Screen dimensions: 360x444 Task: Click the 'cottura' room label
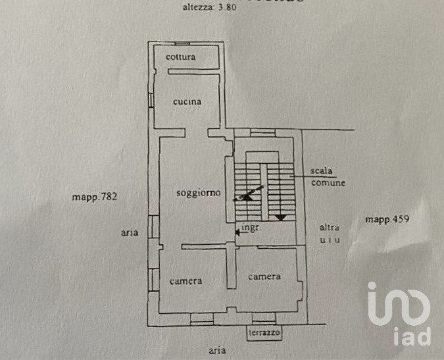tap(180, 57)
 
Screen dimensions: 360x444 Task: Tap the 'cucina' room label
tap(187, 101)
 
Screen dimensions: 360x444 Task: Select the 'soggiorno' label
tap(197, 193)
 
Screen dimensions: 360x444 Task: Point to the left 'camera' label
tap(185, 281)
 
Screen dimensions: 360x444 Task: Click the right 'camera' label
tap(264, 276)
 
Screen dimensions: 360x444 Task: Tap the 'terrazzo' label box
tap(264, 334)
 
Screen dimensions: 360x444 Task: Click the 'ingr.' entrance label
tap(251, 228)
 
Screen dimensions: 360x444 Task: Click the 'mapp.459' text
tap(387, 219)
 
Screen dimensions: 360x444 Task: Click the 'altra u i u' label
tap(330, 234)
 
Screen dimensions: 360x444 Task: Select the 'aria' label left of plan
tap(128, 232)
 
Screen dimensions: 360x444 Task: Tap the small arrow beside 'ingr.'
tap(237, 230)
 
